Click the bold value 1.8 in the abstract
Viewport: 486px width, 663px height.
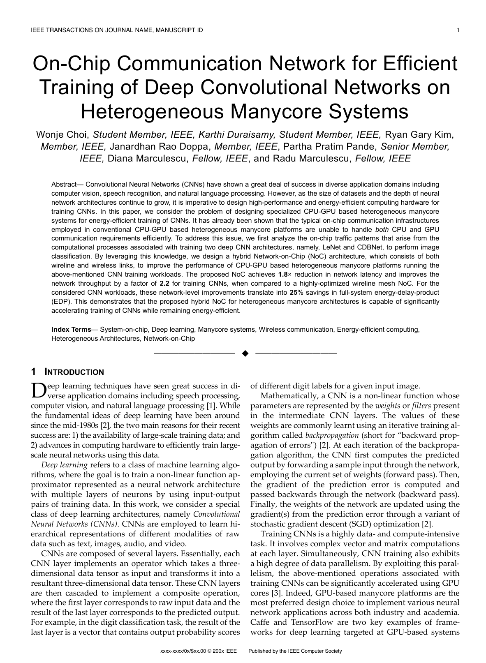tap(283, 274)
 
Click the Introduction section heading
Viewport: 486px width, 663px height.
tap(74, 372)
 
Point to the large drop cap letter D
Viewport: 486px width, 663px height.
tap(38, 391)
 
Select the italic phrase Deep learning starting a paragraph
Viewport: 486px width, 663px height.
tap(65, 465)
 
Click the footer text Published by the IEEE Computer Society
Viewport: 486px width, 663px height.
tap(295, 651)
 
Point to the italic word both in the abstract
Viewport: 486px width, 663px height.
tap(382, 229)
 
